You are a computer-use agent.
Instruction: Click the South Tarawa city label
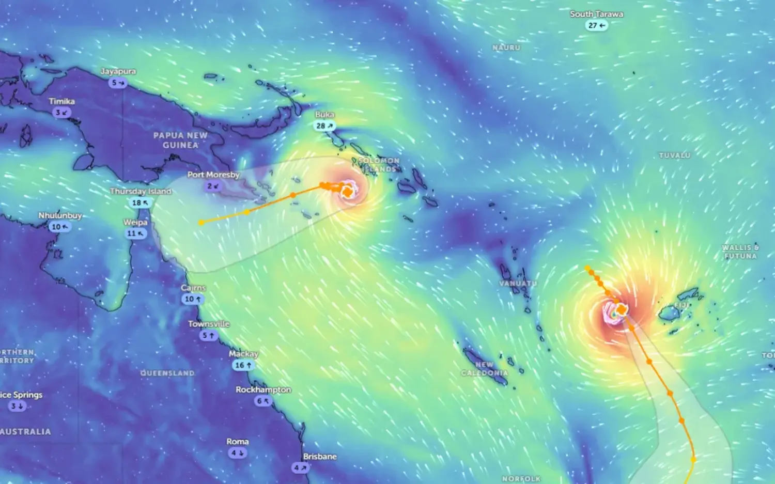point(596,14)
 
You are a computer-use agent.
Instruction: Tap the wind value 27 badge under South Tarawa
point(596,25)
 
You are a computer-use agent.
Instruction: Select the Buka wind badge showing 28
point(324,126)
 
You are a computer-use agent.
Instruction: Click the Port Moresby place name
point(213,175)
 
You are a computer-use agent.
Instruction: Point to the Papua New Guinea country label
point(180,140)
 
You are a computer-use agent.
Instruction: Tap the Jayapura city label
point(118,71)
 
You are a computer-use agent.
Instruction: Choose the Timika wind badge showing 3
point(62,113)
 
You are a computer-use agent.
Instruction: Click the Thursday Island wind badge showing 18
point(140,202)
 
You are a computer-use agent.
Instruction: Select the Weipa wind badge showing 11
point(135,233)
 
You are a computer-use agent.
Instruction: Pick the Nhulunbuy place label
point(60,215)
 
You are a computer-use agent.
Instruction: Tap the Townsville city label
point(209,324)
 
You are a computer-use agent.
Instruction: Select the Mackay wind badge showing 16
point(243,365)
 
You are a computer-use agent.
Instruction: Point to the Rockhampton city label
point(263,389)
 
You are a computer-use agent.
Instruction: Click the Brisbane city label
point(320,457)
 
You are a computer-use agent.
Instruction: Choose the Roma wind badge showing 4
point(237,453)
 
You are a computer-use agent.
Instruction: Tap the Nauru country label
point(506,48)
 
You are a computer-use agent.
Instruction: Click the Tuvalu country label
point(675,155)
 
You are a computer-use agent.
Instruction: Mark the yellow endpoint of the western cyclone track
point(202,223)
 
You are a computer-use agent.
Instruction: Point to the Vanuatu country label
point(518,284)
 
